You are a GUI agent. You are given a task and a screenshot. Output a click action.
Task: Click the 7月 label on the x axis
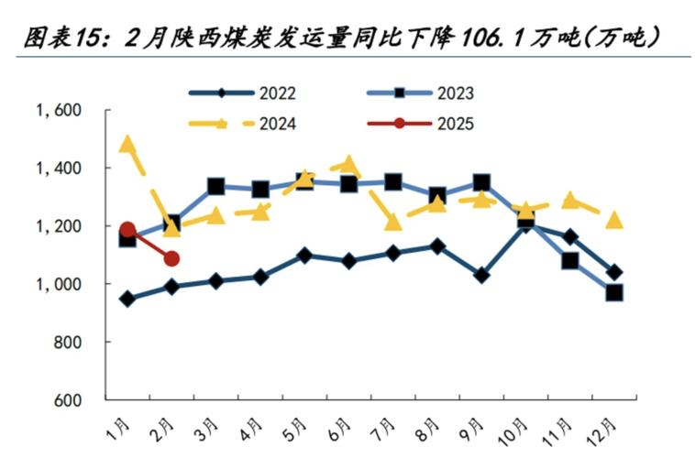pyautogui.click(x=386, y=427)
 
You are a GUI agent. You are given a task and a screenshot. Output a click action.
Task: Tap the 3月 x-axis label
pyautogui.click(x=209, y=427)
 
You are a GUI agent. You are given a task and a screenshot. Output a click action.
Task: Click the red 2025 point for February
pyautogui.click(x=171, y=259)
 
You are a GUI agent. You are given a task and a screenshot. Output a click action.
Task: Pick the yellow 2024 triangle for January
pyautogui.click(x=127, y=145)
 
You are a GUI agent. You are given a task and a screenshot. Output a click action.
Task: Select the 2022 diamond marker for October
pyautogui.click(x=525, y=223)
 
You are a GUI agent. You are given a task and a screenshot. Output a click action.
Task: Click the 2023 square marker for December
pyautogui.click(x=614, y=293)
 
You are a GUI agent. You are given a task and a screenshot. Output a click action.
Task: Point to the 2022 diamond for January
pyautogui.click(x=127, y=299)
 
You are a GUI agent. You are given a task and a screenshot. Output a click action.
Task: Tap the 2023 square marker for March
pyautogui.click(x=216, y=187)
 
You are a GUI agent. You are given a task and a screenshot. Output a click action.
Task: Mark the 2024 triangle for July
pyautogui.click(x=393, y=223)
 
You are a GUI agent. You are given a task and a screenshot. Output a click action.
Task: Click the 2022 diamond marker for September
pyautogui.click(x=481, y=275)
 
